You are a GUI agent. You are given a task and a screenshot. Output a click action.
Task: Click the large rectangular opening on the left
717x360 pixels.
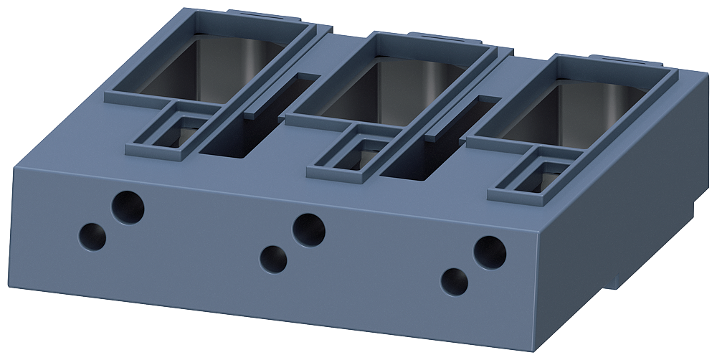(215, 65)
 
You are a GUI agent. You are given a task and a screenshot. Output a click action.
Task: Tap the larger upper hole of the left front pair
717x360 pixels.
(128, 207)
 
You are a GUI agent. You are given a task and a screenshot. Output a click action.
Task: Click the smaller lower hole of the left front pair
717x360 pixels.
(92, 236)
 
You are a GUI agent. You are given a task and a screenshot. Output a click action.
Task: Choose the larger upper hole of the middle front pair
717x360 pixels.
(309, 229)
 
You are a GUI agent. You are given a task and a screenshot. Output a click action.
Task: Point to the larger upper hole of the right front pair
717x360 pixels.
(490, 252)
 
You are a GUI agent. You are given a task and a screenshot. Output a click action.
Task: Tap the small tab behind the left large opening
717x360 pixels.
(247, 12)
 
